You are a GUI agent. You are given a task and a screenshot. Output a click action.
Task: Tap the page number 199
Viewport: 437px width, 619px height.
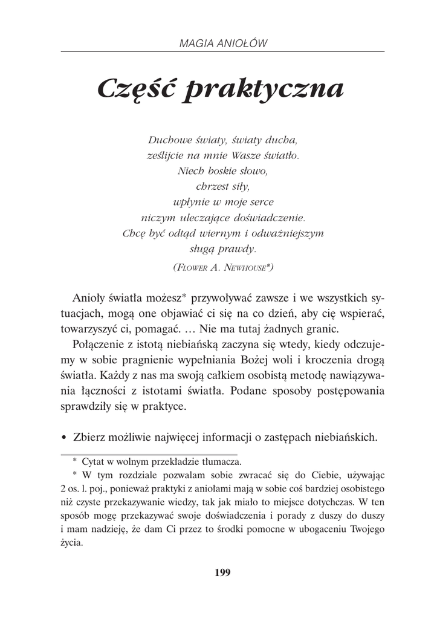click(222, 572)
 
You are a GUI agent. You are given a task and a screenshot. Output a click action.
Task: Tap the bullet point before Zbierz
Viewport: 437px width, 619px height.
click(63, 436)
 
